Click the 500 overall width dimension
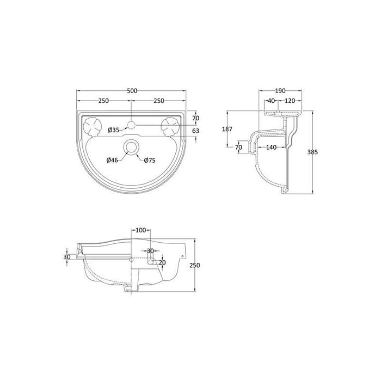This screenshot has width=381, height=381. tap(132, 91)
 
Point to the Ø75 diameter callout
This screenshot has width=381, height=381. tap(150, 159)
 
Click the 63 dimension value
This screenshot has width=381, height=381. tap(196, 131)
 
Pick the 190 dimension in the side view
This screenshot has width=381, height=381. tap(280, 91)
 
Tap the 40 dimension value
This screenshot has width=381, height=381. tap(271, 101)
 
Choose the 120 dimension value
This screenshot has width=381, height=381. tap(290, 101)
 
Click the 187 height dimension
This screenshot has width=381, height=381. tap(228, 130)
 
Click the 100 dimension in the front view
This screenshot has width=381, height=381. tap(141, 231)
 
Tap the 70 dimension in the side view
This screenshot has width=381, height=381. tap(238, 147)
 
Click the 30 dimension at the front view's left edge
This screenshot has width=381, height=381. tap(67, 257)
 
